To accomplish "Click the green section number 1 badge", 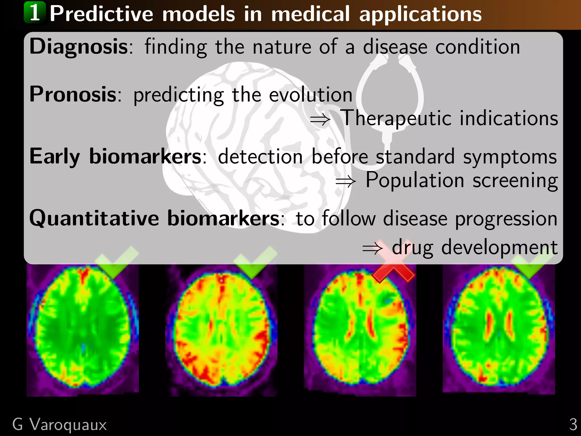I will (x=35, y=12).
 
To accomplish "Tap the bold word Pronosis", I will (x=73, y=95).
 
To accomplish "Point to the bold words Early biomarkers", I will (x=115, y=157).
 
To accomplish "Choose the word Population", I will (x=414, y=180).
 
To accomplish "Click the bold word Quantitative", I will (x=94, y=219).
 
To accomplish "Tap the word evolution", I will (x=310, y=95).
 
